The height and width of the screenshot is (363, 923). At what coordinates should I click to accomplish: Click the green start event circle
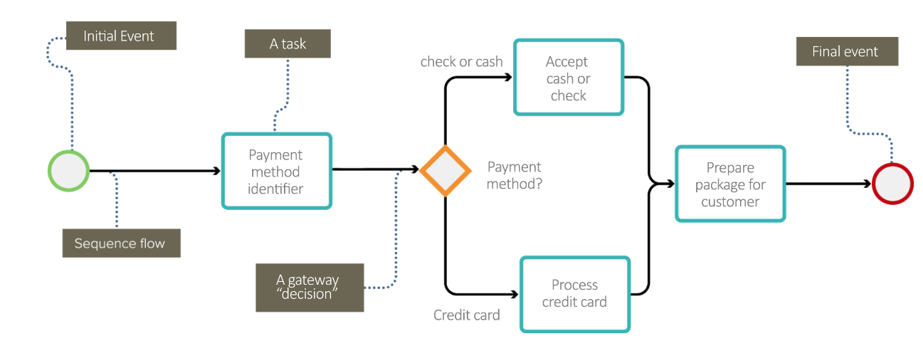click(x=68, y=172)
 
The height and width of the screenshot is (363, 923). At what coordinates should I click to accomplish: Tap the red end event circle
click(x=892, y=184)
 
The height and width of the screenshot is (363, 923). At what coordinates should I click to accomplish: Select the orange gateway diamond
click(x=445, y=171)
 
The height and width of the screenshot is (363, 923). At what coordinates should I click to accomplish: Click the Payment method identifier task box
click(x=276, y=172)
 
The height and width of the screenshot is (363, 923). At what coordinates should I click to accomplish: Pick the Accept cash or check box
click(x=569, y=78)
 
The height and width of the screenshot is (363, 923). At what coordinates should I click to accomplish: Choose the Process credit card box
click(x=575, y=294)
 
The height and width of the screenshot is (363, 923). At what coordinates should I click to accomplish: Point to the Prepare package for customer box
click(x=730, y=184)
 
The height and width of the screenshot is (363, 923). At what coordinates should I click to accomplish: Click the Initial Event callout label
click(x=120, y=36)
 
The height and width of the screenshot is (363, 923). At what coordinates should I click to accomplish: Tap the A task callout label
click(x=288, y=43)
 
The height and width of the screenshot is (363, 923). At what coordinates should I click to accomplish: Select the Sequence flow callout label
click(x=120, y=243)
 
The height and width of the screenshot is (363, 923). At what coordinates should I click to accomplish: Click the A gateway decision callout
click(x=310, y=288)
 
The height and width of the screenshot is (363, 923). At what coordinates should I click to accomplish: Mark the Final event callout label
click(x=846, y=52)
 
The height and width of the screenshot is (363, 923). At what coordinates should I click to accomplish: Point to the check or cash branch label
click(x=461, y=62)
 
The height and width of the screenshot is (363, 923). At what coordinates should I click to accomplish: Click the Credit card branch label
click(x=467, y=315)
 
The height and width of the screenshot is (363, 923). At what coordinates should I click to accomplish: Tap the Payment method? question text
click(x=515, y=175)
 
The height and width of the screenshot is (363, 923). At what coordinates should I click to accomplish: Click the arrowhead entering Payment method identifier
click(x=216, y=171)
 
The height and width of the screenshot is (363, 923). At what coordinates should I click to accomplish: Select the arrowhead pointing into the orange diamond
click(x=415, y=169)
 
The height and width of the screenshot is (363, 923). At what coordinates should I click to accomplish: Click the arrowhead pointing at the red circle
click(x=867, y=184)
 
